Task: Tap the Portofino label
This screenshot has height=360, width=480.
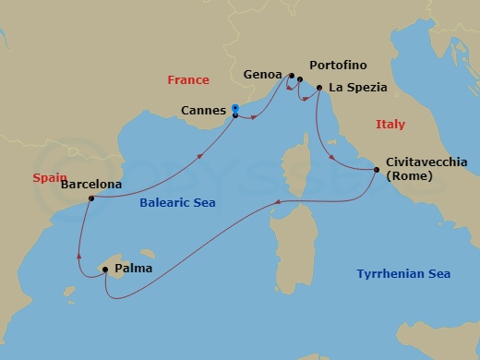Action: click(x=339, y=67)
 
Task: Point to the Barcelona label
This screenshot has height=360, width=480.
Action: click(x=89, y=183)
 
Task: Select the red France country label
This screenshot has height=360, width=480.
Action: click(x=188, y=80)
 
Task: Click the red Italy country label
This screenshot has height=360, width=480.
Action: click(x=390, y=124)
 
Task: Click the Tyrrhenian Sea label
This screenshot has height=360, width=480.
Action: click(x=403, y=273)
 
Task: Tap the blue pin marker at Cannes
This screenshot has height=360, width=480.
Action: click(x=235, y=107)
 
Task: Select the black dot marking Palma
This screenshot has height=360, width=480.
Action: click(x=106, y=270)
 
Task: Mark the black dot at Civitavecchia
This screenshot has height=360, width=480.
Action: click(x=376, y=170)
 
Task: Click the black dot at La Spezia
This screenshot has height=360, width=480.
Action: click(x=319, y=89)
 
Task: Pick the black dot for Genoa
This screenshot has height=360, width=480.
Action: click(x=292, y=76)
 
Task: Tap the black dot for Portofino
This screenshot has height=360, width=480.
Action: click(x=300, y=79)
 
